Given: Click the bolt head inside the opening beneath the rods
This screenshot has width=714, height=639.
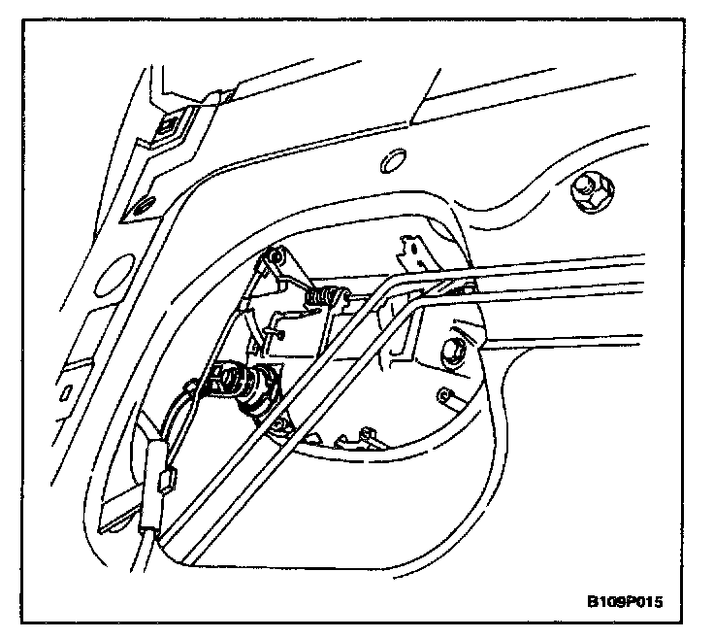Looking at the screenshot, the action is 452,352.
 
